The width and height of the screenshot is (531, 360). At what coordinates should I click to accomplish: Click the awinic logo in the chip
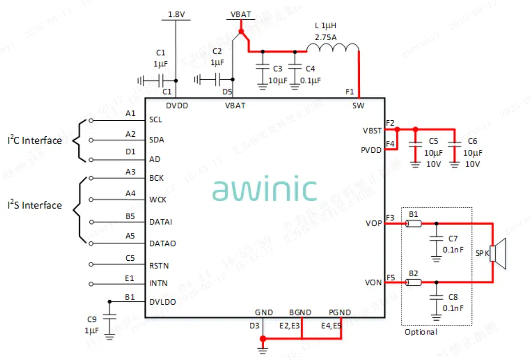coord(265,189)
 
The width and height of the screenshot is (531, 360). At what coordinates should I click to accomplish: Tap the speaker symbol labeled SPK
coord(498,254)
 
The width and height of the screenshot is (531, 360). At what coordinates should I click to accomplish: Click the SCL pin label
coord(156,120)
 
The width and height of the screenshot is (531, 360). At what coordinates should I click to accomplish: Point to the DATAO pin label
coord(163,243)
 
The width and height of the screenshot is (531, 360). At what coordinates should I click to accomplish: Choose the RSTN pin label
coord(159,265)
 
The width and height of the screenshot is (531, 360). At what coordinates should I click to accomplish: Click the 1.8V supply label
coord(176,15)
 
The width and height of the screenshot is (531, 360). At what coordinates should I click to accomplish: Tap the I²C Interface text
coord(35,140)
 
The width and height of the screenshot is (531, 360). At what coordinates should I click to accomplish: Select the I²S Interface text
coord(35,205)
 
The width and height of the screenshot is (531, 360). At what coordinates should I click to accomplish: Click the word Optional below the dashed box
coord(421,332)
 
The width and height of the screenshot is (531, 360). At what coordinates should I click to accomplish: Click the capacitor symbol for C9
coord(109,317)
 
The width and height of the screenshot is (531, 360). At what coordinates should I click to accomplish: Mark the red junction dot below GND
coord(263,339)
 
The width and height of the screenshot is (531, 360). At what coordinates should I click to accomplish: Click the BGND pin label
coord(300,312)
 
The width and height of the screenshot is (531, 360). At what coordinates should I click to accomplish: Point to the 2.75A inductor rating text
coord(325,37)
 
